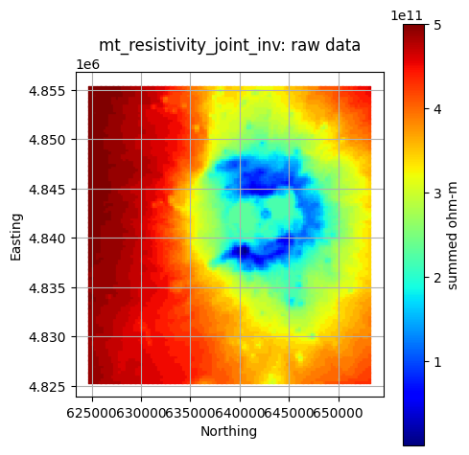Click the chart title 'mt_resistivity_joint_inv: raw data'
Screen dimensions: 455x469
229,45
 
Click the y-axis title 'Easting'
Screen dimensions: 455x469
16,238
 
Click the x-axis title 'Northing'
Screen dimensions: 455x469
228,432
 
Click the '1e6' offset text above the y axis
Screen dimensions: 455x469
88,65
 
